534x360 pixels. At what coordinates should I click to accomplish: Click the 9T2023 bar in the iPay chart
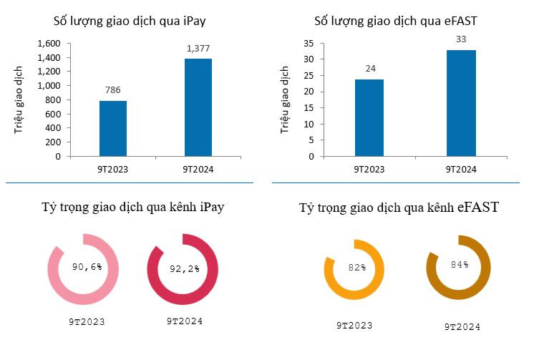coord(112,128)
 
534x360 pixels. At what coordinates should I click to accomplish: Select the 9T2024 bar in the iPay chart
coord(198,107)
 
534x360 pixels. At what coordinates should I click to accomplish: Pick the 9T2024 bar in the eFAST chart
coord(461,102)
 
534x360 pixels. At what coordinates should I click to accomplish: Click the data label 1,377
coord(198,48)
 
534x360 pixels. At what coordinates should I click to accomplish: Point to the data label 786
coord(112,91)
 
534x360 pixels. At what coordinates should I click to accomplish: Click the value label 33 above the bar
coord(461,39)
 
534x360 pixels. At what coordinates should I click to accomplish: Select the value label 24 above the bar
coord(369,69)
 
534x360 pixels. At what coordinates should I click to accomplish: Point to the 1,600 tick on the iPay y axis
coord(49,44)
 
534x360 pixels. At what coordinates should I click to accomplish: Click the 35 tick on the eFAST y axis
coord(309,43)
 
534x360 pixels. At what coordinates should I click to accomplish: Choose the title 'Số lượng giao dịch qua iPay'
coord(135,19)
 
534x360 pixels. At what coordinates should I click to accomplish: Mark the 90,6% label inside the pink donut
coord(87,267)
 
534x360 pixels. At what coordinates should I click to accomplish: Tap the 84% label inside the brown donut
coord(460,265)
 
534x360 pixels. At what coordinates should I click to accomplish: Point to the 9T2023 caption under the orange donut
coord(354,325)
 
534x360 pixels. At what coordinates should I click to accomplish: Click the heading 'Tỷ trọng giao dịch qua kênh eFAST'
coord(399,208)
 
